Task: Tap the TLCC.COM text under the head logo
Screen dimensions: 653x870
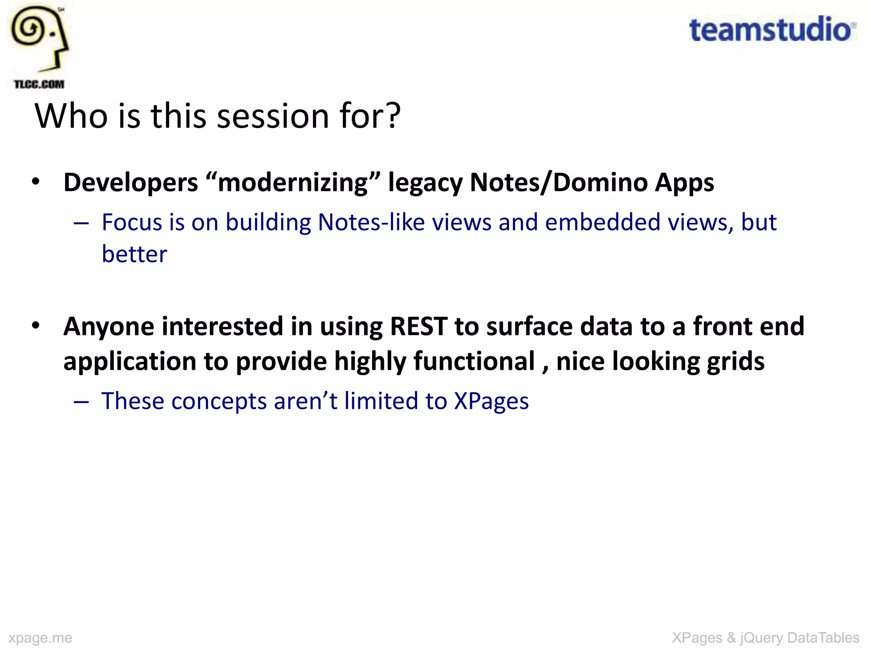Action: [x=39, y=84]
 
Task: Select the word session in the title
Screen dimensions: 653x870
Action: [x=273, y=116]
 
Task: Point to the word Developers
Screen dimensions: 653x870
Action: [x=131, y=183]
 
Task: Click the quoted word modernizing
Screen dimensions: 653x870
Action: [x=293, y=183]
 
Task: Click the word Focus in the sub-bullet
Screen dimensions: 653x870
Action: [x=132, y=222]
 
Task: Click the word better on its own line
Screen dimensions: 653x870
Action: [x=134, y=254]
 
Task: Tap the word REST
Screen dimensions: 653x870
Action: [x=418, y=326]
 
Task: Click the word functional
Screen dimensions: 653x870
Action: [x=474, y=361]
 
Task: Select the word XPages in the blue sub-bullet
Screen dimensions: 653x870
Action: [x=491, y=401]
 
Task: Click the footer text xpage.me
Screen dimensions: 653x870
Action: [x=40, y=638]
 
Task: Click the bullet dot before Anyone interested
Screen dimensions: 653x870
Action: [x=36, y=326]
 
